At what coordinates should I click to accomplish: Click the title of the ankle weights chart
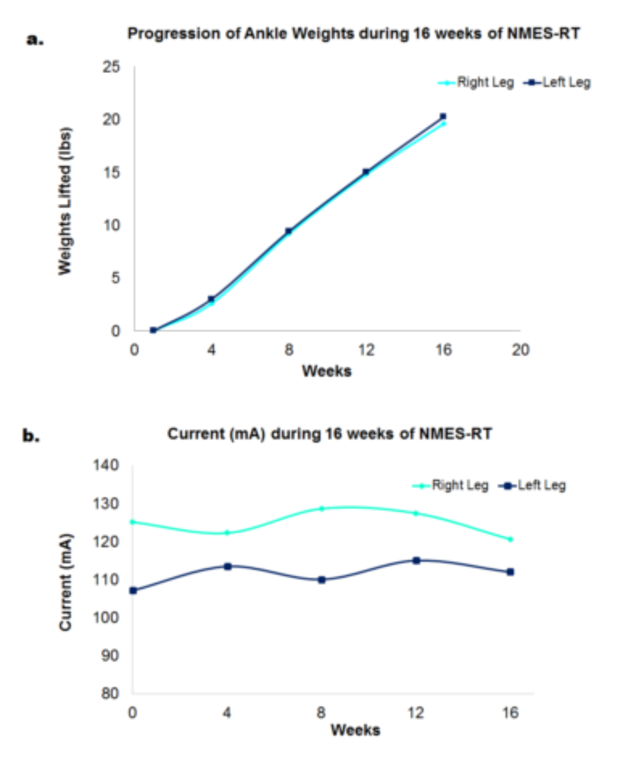click(353, 33)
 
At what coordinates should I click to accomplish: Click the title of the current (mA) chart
click(329, 434)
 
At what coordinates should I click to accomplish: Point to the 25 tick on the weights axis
click(111, 67)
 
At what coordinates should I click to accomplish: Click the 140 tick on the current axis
click(106, 465)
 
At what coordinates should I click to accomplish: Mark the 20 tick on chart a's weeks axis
click(520, 350)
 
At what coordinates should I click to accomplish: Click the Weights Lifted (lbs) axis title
click(65, 201)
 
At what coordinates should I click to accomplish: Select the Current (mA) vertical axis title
click(65, 582)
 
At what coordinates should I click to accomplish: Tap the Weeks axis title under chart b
click(355, 730)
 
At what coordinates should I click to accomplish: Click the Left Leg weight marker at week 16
click(443, 116)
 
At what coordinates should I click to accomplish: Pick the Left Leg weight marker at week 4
click(211, 299)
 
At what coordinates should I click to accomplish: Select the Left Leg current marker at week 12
click(416, 560)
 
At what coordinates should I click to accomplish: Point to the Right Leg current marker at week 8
click(322, 509)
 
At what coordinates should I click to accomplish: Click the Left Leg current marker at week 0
click(133, 591)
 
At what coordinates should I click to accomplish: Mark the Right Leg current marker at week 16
click(510, 539)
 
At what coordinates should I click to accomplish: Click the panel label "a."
click(35, 39)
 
